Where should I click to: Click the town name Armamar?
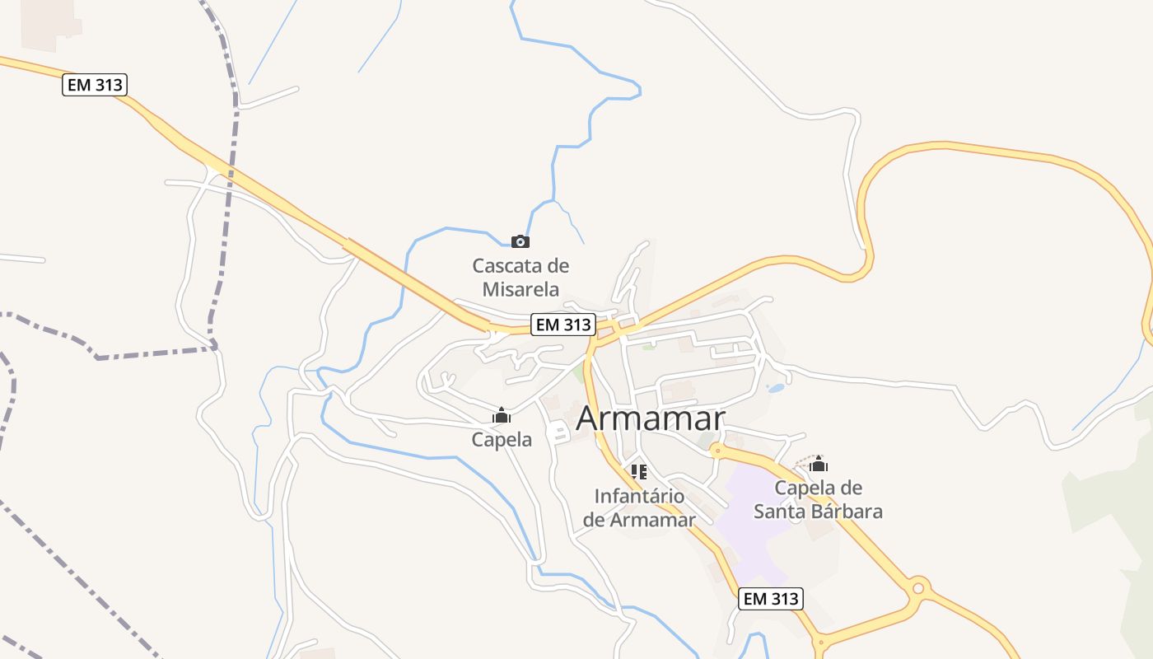651,418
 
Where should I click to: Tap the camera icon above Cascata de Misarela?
520,241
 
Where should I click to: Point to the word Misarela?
520,289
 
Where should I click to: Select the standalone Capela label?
502,440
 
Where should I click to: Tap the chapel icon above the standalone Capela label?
502,416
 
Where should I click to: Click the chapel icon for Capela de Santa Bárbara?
818,465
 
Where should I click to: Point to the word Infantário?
639,497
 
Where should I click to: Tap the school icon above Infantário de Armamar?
638,472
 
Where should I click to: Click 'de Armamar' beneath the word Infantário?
639,520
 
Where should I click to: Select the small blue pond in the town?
776,388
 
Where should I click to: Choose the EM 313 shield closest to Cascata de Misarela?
563,325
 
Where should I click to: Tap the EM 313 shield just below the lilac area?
771,599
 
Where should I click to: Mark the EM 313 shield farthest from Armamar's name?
95,85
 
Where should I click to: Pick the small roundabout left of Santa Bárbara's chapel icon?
717,451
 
